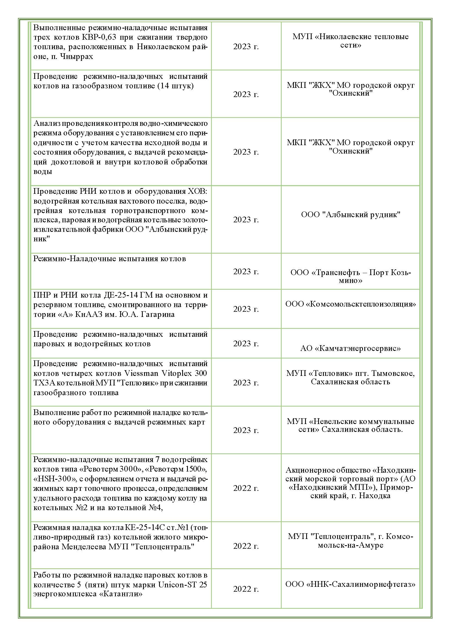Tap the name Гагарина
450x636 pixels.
[158, 314]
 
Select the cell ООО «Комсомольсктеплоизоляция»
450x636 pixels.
[350, 304]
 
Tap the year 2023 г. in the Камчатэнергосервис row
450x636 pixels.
[246, 344]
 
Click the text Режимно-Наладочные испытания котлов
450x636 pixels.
[110, 259]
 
